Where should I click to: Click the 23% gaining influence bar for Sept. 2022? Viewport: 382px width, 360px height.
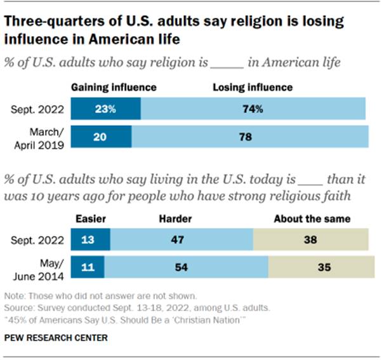(x=105, y=109)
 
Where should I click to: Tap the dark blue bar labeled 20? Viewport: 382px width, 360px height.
(x=101, y=137)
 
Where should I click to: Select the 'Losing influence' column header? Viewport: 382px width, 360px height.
(x=252, y=88)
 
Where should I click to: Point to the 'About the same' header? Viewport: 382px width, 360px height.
(x=312, y=219)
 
